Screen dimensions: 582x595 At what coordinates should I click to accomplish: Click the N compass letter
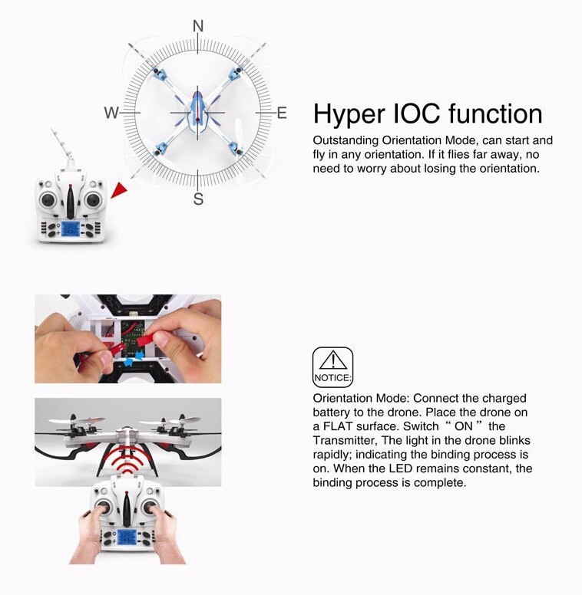click(198, 26)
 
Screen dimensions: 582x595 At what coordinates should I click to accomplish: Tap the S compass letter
click(198, 199)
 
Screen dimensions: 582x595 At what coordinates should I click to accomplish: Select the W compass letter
click(111, 113)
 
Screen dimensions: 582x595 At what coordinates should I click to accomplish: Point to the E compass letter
click(282, 113)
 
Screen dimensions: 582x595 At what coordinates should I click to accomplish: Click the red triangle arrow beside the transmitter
click(119, 189)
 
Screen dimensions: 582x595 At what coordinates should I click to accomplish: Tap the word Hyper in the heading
click(349, 115)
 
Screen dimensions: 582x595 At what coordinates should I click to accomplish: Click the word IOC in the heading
click(416, 113)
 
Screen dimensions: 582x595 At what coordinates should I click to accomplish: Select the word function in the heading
click(495, 113)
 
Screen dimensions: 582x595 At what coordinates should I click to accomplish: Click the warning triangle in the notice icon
click(332, 360)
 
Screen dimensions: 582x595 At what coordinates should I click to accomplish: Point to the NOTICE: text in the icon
click(332, 378)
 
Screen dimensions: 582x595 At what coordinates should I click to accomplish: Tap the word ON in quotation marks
click(464, 426)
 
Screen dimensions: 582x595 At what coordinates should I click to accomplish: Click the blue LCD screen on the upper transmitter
click(71, 229)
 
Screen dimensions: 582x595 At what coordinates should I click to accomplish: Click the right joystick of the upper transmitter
click(92, 199)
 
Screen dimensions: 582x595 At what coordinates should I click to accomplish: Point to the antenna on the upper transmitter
click(62, 146)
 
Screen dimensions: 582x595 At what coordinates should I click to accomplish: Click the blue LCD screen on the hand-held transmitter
click(127, 537)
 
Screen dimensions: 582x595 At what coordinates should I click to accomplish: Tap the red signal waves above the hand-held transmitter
click(127, 459)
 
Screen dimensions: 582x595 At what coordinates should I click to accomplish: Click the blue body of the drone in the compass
click(198, 110)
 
